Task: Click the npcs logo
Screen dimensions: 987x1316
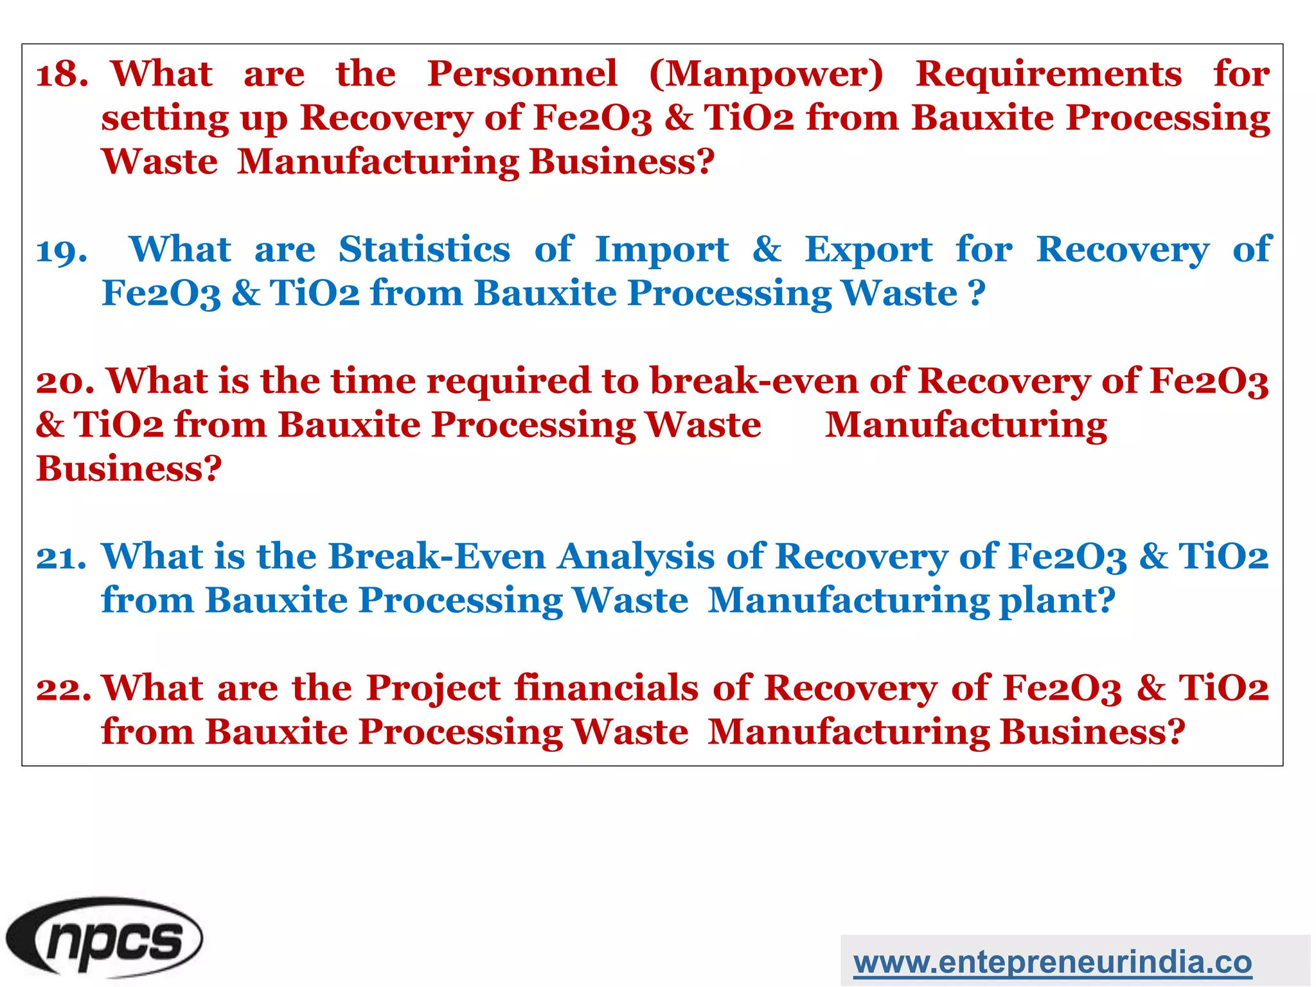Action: coord(104,938)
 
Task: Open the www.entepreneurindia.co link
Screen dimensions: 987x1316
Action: coord(1053,963)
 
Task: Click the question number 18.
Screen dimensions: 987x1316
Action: coord(62,75)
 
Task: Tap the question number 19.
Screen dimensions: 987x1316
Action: coord(62,251)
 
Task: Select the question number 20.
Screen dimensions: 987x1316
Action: coord(65,382)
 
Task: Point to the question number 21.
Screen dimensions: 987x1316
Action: coord(61,557)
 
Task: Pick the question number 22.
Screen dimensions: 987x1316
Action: coord(64,689)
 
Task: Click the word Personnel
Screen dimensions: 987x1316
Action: coord(522,74)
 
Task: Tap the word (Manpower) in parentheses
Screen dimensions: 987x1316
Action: coord(767,75)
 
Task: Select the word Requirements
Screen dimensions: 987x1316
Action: coord(1049,74)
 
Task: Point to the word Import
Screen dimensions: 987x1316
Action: coord(662,251)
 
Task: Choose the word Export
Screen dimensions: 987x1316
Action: coord(869,251)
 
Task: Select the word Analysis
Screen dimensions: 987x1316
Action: coord(636,558)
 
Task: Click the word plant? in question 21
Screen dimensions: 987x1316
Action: coord(1057,601)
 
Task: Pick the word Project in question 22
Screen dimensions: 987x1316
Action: coord(433,689)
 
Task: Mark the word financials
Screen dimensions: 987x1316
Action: coord(607,688)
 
